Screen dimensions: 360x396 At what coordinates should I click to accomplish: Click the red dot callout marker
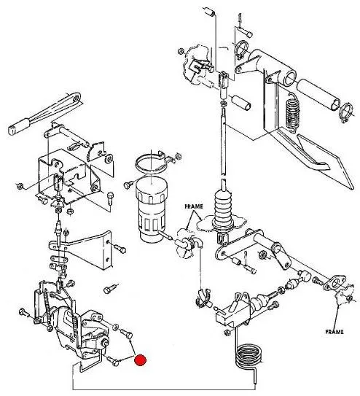tap(140, 360)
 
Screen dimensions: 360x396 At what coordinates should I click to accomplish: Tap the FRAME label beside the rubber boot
tap(194, 206)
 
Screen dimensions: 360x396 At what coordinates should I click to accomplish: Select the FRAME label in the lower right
tap(334, 332)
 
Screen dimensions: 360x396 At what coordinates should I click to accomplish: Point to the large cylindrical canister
tap(151, 209)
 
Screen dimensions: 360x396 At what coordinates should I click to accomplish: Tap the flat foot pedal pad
tap(326, 162)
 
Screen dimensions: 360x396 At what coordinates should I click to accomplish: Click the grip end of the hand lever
tap(20, 126)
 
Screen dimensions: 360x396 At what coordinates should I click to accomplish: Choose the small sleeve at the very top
tap(209, 12)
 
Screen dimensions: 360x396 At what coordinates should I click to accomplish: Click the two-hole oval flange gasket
tap(334, 283)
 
